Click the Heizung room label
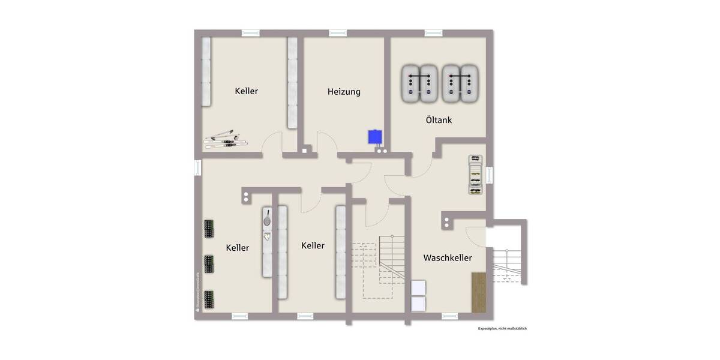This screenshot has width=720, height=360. click(x=344, y=92)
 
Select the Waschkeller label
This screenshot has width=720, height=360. click(x=447, y=257)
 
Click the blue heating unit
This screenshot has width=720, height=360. click(x=376, y=137)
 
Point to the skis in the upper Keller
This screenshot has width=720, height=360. click(x=225, y=139)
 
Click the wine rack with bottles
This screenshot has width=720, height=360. click(x=475, y=175)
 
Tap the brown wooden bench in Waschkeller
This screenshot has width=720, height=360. click(x=479, y=292)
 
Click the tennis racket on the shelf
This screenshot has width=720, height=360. click(x=267, y=217)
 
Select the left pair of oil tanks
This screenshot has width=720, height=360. click(x=419, y=83)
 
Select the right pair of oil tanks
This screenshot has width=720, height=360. click(x=461, y=83)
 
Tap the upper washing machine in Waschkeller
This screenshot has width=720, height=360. click(x=418, y=288)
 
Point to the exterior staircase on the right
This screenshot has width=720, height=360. click(x=507, y=264)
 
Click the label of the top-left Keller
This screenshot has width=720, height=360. click(x=246, y=91)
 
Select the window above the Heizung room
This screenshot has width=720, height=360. click(x=344, y=33)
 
